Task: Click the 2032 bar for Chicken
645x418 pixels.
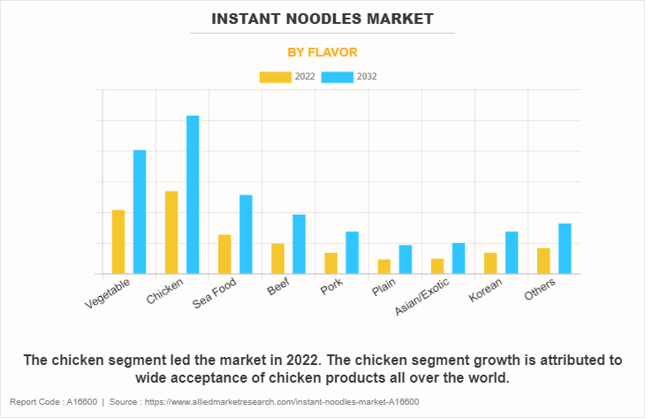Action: (193, 194)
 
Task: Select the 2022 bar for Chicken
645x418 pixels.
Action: (171, 232)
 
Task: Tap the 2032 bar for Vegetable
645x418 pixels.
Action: (140, 212)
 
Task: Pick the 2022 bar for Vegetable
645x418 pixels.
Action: (118, 241)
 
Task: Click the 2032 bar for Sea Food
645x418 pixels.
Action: (246, 234)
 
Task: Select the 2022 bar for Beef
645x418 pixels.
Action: (277, 258)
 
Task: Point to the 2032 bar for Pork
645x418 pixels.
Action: (352, 253)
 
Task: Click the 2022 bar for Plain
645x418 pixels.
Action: (383, 266)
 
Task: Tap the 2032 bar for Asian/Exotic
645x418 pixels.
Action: (458, 258)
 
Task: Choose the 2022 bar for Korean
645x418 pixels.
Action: (489, 263)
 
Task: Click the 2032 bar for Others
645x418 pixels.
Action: (565, 248)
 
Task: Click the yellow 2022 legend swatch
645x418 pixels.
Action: (274, 77)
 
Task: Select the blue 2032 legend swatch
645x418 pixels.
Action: (337, 77)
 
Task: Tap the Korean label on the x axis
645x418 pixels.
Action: (486, 290)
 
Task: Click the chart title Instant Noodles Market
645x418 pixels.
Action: (322, 18)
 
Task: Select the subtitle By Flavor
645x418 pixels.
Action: (322, 52)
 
